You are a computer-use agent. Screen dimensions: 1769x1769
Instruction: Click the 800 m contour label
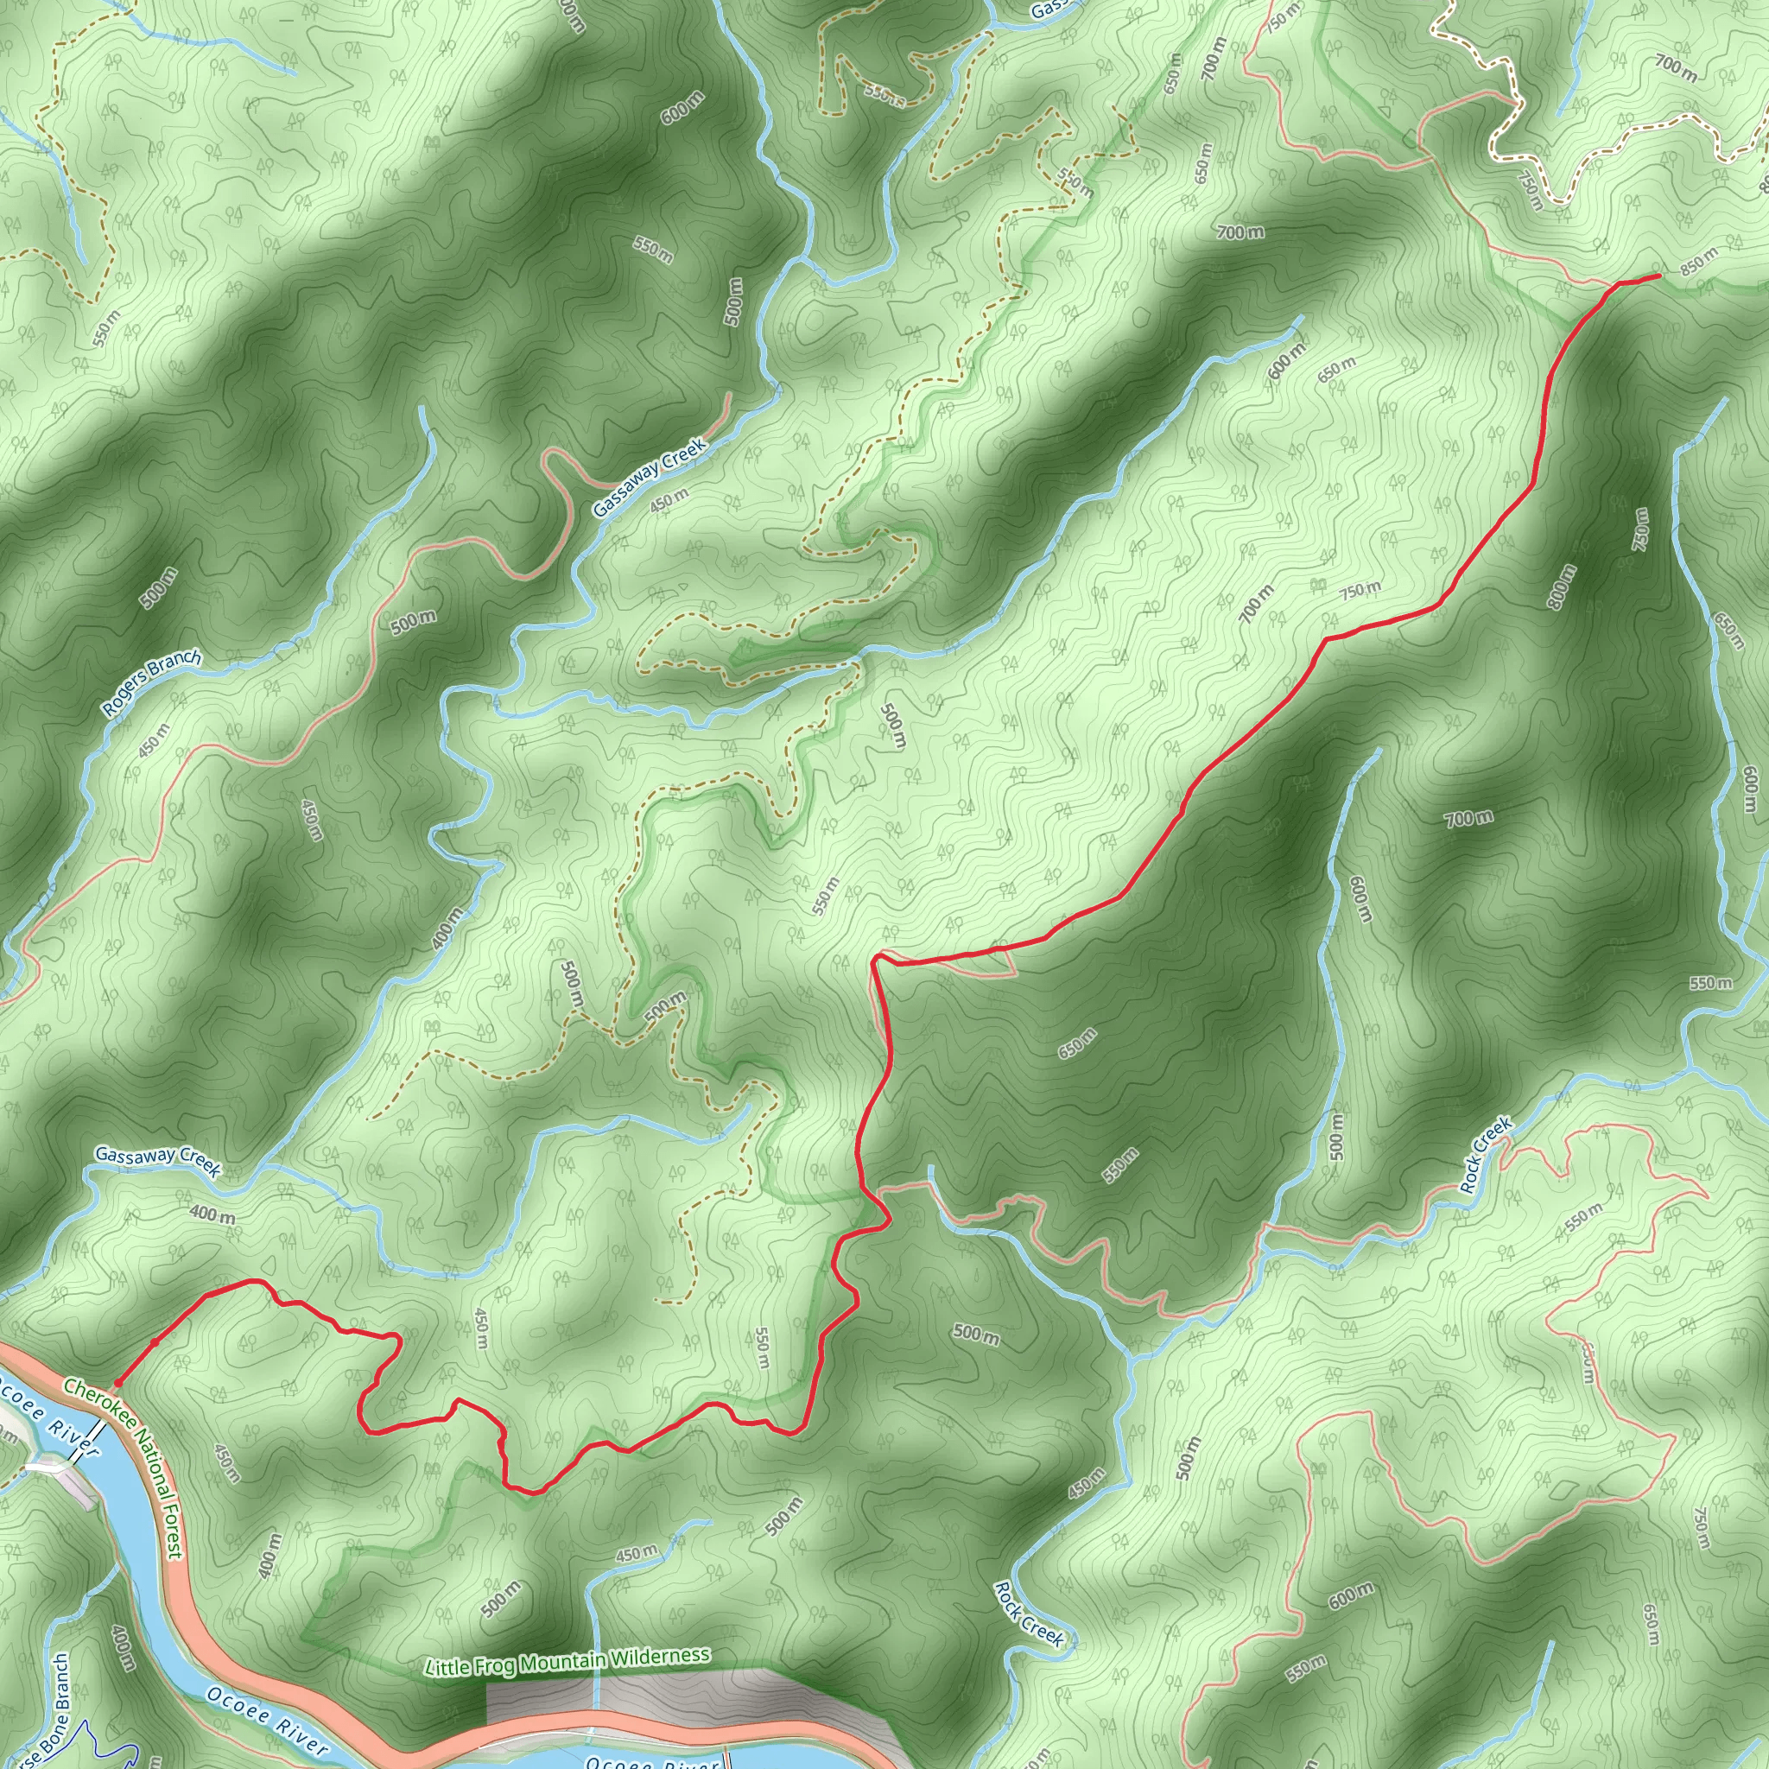click(x=1562, y=586)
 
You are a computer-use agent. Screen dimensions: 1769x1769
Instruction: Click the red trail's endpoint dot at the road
click(x=117, y=1383)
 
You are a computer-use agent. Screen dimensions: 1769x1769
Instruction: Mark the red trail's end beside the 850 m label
click(x=1658, y=275)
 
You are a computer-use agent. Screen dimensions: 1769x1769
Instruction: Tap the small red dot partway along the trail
click(x=154, y=1341)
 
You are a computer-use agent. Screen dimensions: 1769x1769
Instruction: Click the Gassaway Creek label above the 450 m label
click(x=650, y=477)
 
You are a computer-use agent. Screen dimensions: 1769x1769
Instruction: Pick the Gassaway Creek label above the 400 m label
click(x=157, y=1161)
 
